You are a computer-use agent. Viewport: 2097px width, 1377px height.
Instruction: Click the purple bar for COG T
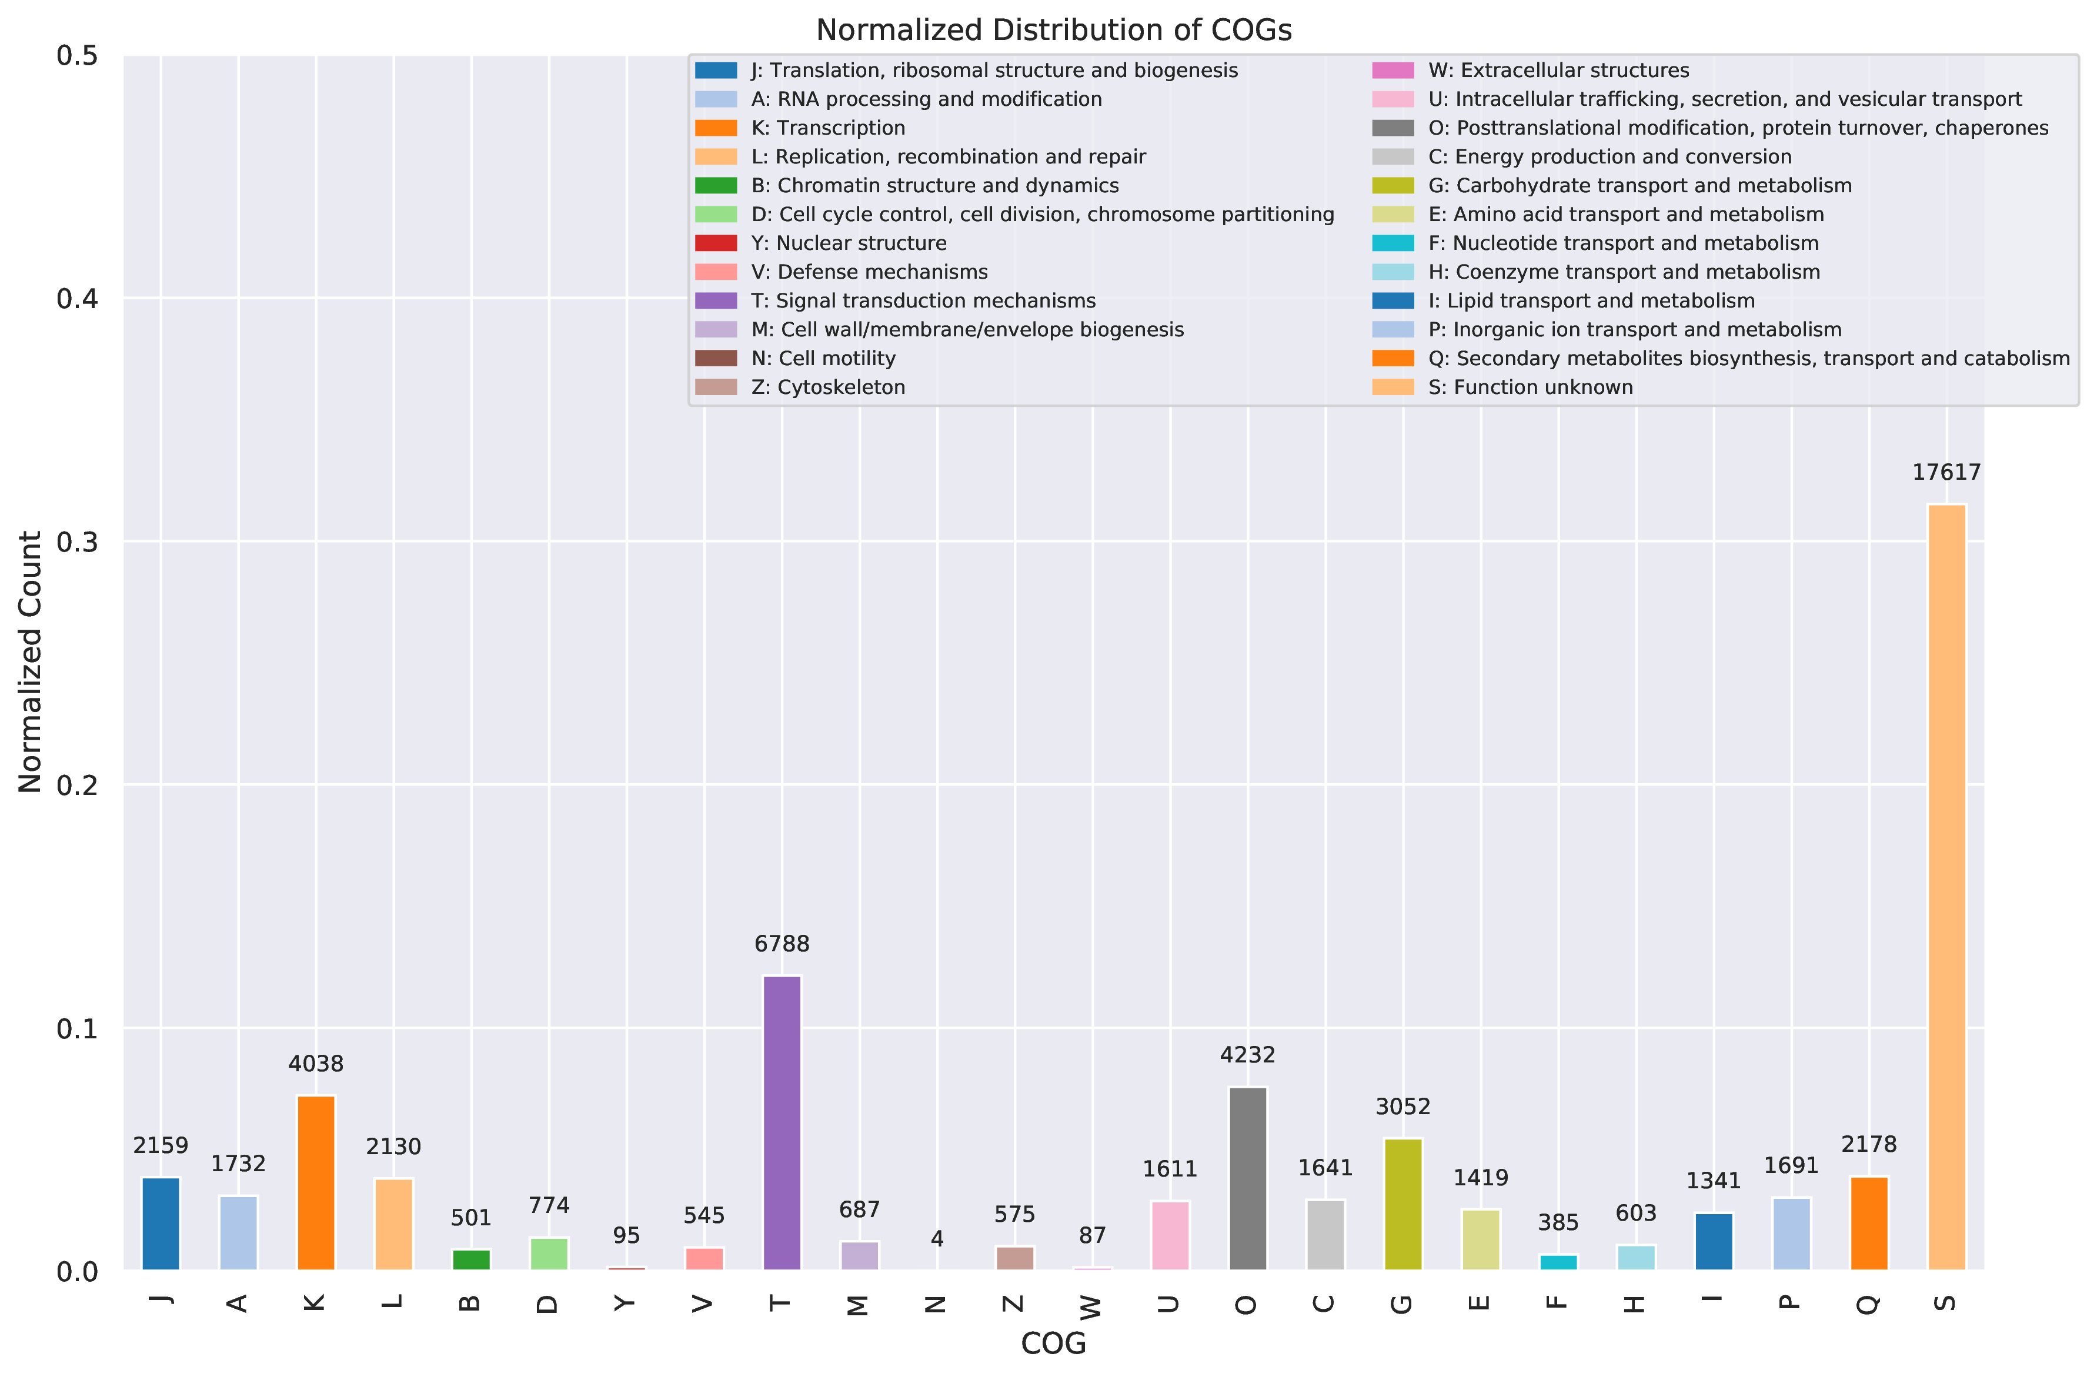(782, 1123)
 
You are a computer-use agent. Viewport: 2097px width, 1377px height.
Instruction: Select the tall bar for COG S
(1946, 887)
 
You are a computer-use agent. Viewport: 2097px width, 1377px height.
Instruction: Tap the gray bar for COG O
(1248, 1179)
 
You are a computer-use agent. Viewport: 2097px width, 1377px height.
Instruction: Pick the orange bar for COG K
(315, 1182)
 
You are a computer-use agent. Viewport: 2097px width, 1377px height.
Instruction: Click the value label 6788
(782, 944)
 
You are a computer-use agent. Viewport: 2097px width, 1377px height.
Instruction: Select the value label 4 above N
(937, 1239)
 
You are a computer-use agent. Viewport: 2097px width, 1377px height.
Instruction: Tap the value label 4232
(1248, 1055)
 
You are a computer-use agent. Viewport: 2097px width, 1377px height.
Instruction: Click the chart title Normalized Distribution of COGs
(1054, 30)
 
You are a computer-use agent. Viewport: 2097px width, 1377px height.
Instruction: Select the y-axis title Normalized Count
(30, 661)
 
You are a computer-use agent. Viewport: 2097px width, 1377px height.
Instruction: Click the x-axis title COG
(1054, 1343)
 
